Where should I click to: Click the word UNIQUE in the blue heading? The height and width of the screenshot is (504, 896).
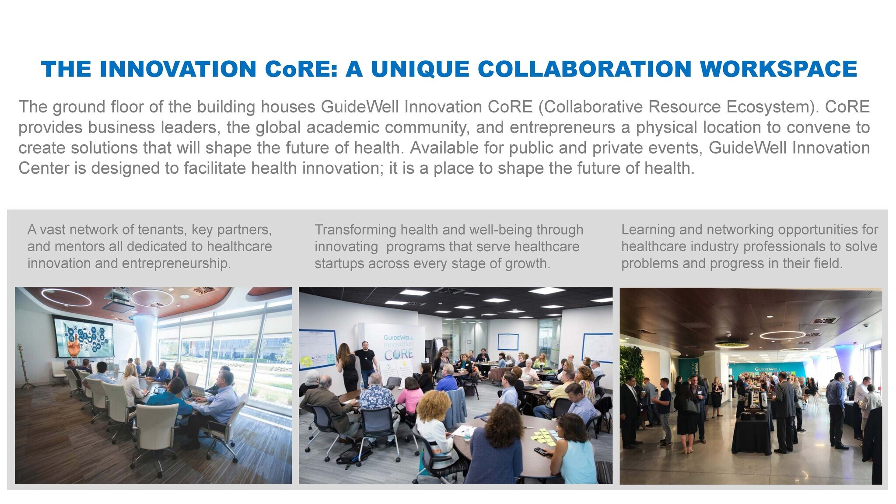[420, 70]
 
